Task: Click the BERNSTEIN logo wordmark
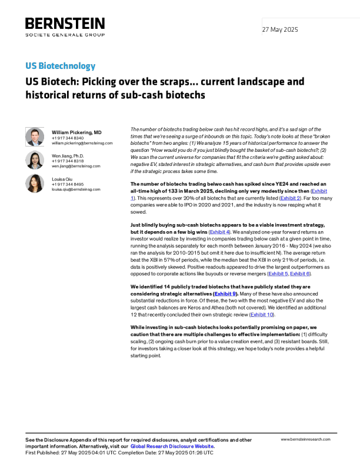coord(65,24)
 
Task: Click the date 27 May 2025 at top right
coord(280,29)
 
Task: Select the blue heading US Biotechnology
coord(61,66)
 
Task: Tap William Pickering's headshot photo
coord(35,137)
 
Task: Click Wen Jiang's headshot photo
coord(35,160)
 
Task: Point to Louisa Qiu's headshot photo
coord(35,184)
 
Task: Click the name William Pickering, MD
coord(76,132)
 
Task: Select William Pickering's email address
coord(82,143)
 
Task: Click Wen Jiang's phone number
coord(68,161)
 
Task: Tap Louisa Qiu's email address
coord(76,189)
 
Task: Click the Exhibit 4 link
coord(219,232)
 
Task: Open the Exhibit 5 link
coord(278,274)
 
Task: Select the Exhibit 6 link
coord(299,274)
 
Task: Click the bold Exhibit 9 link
coord(225,294)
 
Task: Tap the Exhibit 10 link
coord(262,314)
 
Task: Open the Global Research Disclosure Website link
coord(172,446)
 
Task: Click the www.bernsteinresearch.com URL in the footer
coord(305,440)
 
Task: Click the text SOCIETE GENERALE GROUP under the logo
coord(65,35)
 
